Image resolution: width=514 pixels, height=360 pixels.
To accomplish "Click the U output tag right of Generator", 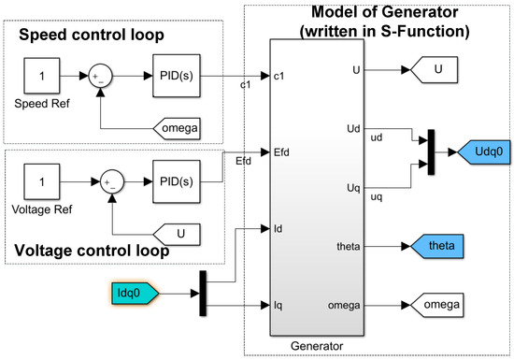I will (x=432, y=70).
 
